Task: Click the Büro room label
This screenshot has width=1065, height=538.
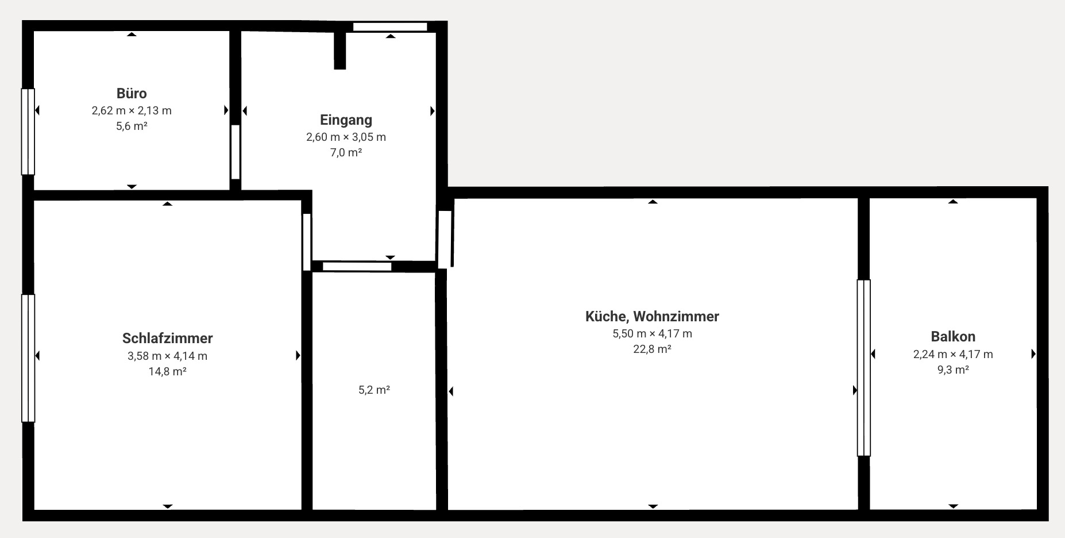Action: pyautogui.click(x=132, y=93)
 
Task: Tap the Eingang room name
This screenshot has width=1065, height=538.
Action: pyautogui.click(x=346, y=120)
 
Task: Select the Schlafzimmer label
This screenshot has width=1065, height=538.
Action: pyautogui.click(x=167, y=338)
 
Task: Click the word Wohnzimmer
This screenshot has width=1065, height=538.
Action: pyautogui.click(x=676, y=316)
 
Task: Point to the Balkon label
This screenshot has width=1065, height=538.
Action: pyautogui.click(x=953, y=336)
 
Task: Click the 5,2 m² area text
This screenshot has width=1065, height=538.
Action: pyautogui.click(x=374, y=390)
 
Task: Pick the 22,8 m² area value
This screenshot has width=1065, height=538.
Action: pyautogui.click(x=652, y=349)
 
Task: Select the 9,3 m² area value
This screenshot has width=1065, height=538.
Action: pyautogui.click(x=953, y=370)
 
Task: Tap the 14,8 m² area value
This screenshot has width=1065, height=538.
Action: pyautogui.click(x=167, y=371)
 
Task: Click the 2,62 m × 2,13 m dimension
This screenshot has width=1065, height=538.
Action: pyautogui.click(x=132, y=110)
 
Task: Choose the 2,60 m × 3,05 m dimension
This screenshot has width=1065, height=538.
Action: pyautogui.click(x=346, y=137)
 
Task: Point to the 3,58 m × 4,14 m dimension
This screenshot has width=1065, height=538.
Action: pyautogui.click(x=167, y=356)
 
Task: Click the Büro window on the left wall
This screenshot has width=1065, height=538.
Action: pyautogui.click(x=28, y=131)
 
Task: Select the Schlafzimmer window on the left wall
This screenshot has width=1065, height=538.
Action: pyautogui.click(x=28, y=358)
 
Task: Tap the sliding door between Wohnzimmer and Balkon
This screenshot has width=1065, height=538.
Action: pyautogui.click(x=863, y=368)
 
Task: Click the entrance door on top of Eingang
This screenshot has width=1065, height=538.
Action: pyautogui.click(x=390, y=26)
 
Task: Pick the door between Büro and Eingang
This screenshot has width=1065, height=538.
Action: pyautogui.click(x=235, y=152)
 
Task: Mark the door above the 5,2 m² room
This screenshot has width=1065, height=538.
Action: pyautogui.click(x=357, y=266)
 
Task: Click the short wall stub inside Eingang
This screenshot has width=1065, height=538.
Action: pyautogui.click(x=340, y=51)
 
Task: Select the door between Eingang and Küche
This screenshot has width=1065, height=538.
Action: pyautogui.click(x=445, y=239)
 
